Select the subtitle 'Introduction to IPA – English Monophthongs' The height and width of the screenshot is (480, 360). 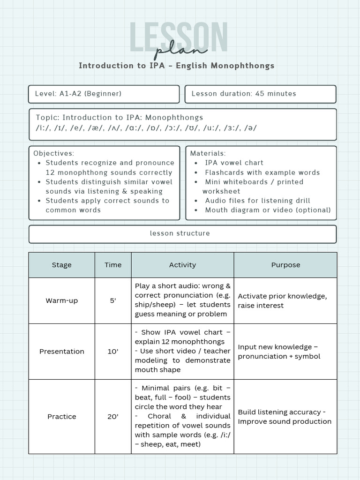coord(176,66)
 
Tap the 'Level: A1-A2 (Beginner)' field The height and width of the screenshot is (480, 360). coord(78,94)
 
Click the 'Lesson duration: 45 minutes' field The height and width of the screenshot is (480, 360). coord(244,94)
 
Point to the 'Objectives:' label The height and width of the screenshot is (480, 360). coord(54,153)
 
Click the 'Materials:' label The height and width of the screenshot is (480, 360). coord(208,153)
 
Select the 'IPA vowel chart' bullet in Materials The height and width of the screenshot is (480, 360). coord(234,163)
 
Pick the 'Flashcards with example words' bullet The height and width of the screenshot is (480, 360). coord(262,172)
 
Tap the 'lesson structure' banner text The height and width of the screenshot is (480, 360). coord(180,233)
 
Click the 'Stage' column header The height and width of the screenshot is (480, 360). coord(62,265)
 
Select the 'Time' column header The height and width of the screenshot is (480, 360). coord(113,265)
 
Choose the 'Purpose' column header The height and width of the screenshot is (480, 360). coord(285,265)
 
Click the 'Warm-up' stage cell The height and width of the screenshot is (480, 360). coord(62,300)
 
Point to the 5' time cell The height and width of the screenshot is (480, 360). coord(113,300)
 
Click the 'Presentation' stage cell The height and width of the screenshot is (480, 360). coord(62,352)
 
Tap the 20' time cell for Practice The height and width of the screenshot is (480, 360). coord(113,417)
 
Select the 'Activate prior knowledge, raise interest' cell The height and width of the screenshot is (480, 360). coord(282,300)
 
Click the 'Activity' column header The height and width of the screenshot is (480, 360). coord(182,265)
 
